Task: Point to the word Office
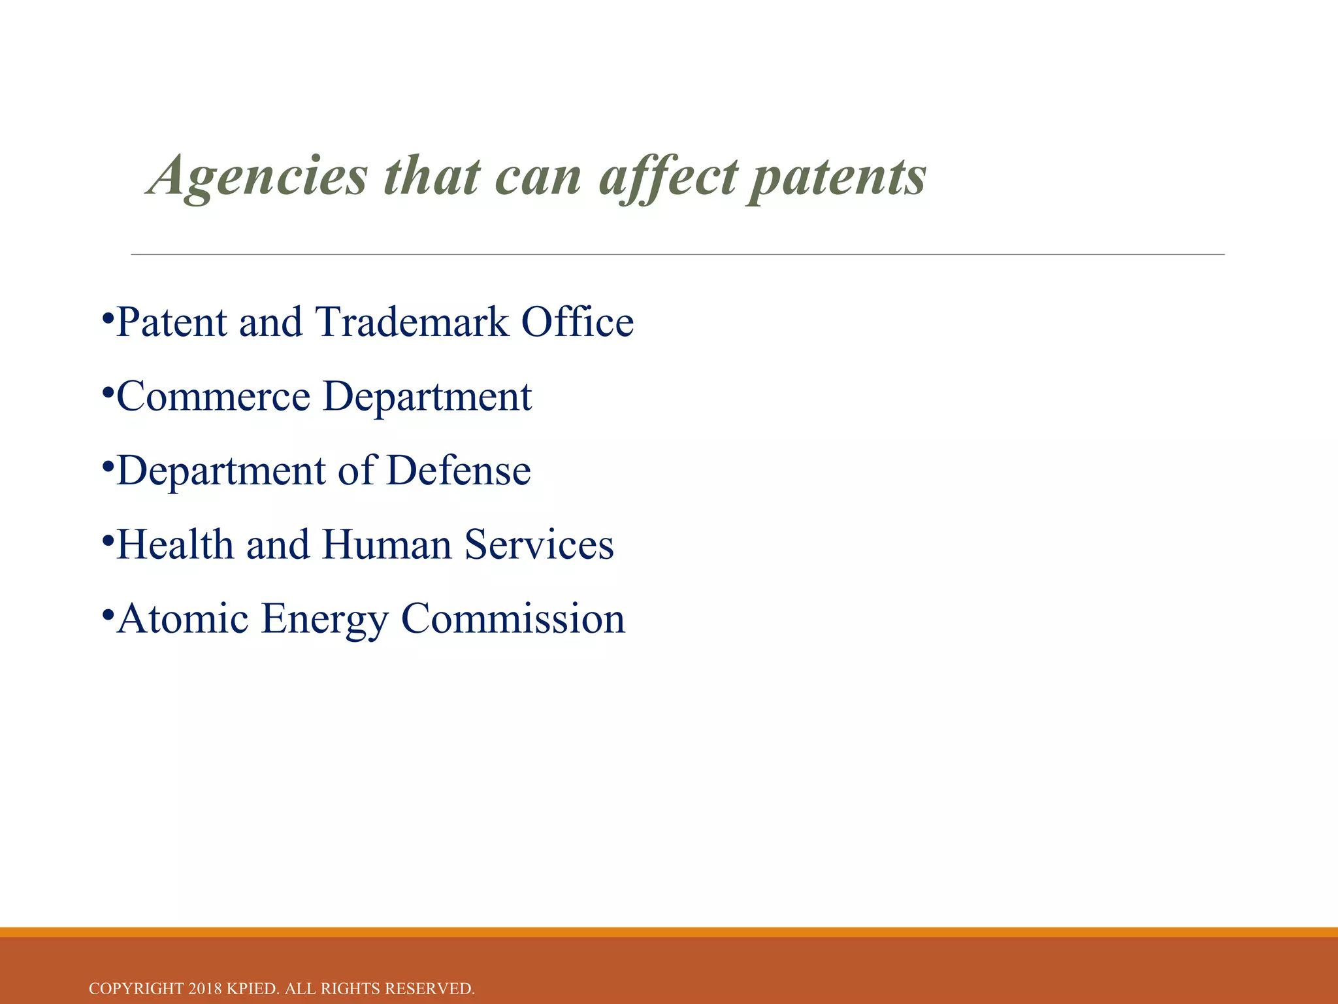(x=577, y=322)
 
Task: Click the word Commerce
(x=213, y=397)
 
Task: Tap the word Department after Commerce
(x=427, y=397)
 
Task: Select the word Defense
(x=458, y=471)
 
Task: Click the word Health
(x=175, y=544)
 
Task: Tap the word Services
(x=539, y=544)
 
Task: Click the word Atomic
(x=183, y=618)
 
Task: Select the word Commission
(x=513, y=618)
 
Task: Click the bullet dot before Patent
(x=108, y=319)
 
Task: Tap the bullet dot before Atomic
(x=108, y=615)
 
